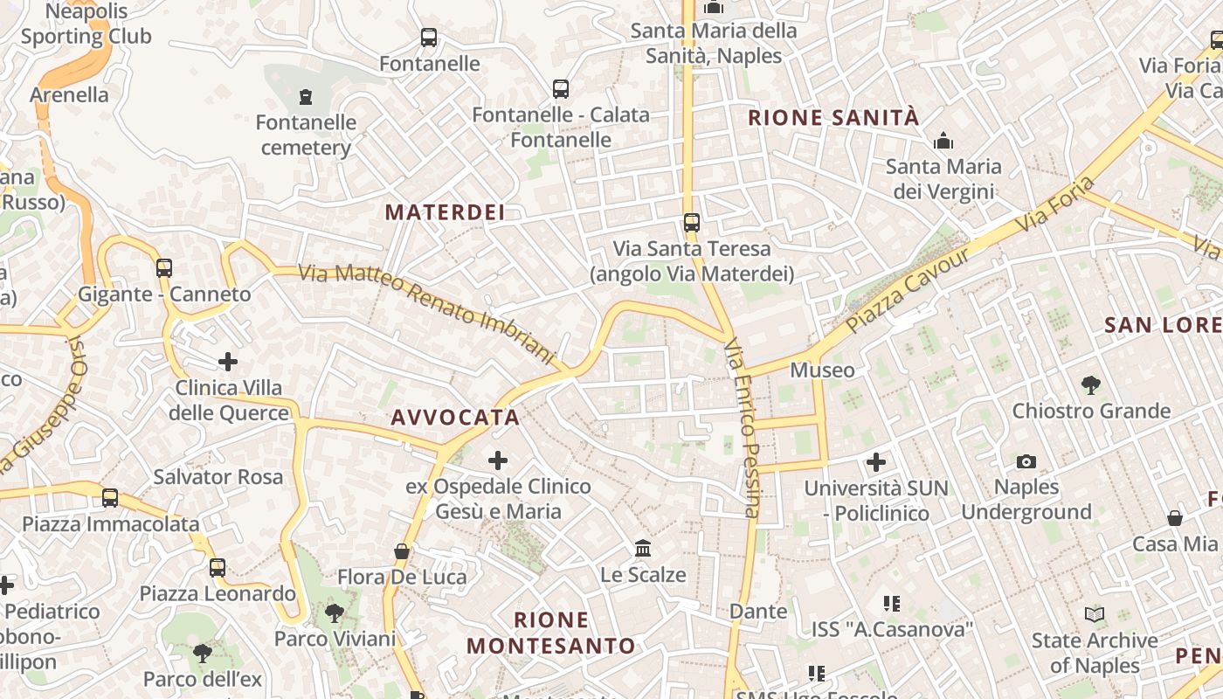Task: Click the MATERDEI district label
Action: click(445, 212)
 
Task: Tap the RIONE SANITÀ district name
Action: click(833, 118)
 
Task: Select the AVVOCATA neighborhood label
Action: click(455, 418)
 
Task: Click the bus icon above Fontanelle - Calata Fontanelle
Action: click(561, 89)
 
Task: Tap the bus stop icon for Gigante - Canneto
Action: click(164, 268)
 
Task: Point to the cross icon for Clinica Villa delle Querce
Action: click(228, 362)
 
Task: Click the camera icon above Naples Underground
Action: click(1026, 461)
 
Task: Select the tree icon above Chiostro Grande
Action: click(1090, 384)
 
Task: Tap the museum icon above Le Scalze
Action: click(643, 549)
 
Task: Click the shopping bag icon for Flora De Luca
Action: click(402, 551)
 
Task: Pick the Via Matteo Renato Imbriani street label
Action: click(427, 313)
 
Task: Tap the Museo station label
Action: click(822, 370)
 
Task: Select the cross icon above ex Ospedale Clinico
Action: click(498, 460)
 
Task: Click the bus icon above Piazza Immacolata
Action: click(110, 498)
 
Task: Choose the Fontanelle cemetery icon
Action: click(306, 96)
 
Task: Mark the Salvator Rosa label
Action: click(218, 477)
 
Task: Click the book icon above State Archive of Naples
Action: click(1095, 614)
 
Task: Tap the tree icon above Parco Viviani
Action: click(335, 612)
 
